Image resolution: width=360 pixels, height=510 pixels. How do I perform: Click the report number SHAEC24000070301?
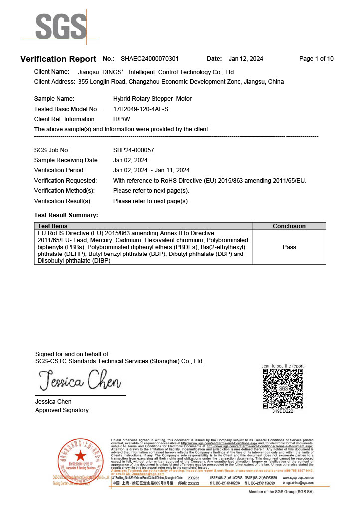150,59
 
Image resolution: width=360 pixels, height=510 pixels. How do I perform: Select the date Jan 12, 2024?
245,59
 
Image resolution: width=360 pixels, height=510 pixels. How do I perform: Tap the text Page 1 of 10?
316,59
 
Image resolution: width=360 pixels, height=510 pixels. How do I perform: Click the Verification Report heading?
58,59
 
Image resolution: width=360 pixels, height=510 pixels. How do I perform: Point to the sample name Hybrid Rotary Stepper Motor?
152,99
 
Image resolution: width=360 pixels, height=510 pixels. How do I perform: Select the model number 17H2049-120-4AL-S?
140,109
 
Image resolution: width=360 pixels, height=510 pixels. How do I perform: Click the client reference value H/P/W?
121,119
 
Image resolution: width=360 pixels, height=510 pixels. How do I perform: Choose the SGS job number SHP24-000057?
133,150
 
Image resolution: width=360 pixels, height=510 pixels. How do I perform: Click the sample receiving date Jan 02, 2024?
130,160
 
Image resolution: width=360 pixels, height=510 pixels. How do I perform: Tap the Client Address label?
53,81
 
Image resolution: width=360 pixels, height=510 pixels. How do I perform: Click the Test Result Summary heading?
66,215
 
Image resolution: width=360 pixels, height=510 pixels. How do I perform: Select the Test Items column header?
53,226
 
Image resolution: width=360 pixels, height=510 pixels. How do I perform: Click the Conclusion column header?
289,226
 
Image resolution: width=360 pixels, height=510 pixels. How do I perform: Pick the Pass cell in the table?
289,247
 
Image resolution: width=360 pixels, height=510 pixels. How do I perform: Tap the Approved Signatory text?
62,410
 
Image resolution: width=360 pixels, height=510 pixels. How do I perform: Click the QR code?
283,388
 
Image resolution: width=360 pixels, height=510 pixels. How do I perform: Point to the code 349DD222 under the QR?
283,411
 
